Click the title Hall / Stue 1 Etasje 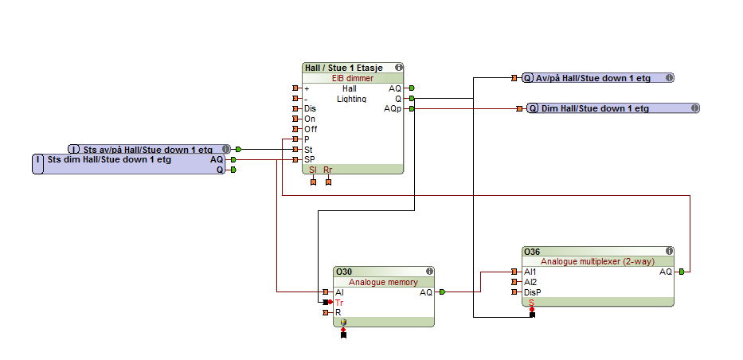[x=345, y=68]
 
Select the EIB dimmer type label [x=353, y=78]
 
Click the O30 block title [x=344, y=272]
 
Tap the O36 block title [x=531, y=252]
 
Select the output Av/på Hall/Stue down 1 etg [x=592, y=78]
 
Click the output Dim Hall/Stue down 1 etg [x=595, y=108]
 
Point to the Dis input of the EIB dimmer [x=310, y=108]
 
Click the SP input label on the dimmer [x=309, y=159]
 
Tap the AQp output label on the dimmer [x=393, y=108]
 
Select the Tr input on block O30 [x=339, y=303]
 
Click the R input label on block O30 [x=338, y=312]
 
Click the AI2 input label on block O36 [x=530, y=282]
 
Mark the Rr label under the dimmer [x=328, y=170]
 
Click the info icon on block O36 [x=669, y=252]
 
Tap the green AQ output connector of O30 [x=442, y=292]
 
